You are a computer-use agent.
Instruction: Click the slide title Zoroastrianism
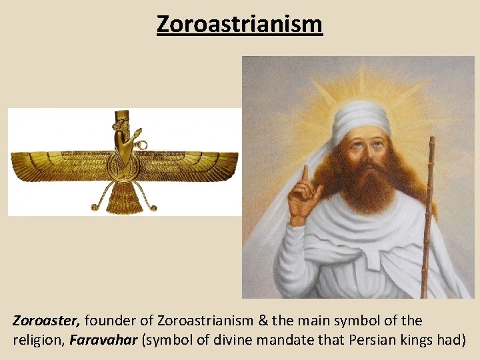pos(239,24)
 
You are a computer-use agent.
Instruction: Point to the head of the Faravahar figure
pos(121,123)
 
